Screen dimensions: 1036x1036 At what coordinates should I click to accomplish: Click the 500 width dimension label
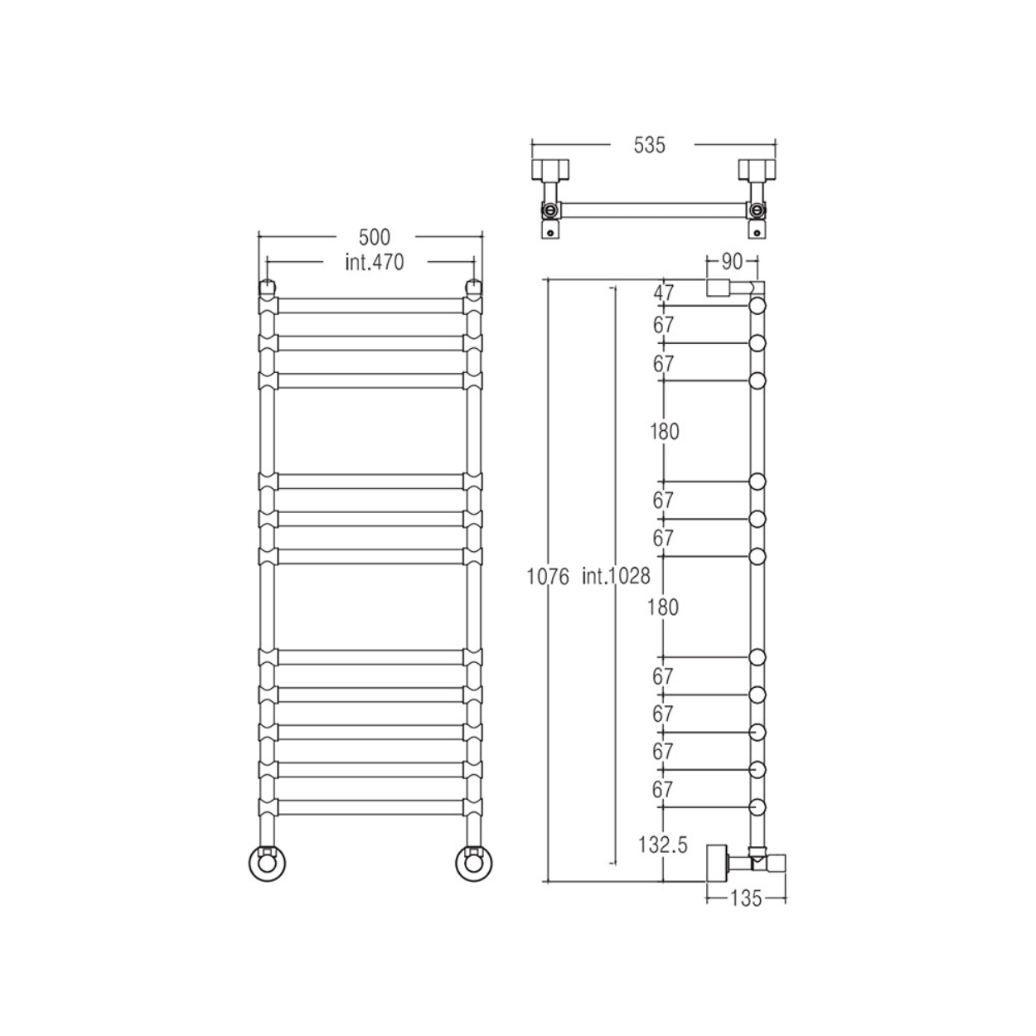pyautogui.click(x=374, y=237)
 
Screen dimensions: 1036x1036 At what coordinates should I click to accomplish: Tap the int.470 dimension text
pyautogui.click(x=374, y=263)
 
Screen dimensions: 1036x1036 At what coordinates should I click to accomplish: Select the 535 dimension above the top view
pyautogui.click(x=650, y=145)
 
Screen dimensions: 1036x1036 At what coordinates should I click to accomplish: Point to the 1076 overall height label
pyautogui.click(x=547, y=577)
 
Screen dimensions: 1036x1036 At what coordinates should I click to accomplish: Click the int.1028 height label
pyautogui.click(x=616, y=576)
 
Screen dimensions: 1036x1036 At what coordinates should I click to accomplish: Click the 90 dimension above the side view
pyautogui.click(x=732, y=262)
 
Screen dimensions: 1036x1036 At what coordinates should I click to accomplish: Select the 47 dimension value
pyautogui.click(x=663, y=293)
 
